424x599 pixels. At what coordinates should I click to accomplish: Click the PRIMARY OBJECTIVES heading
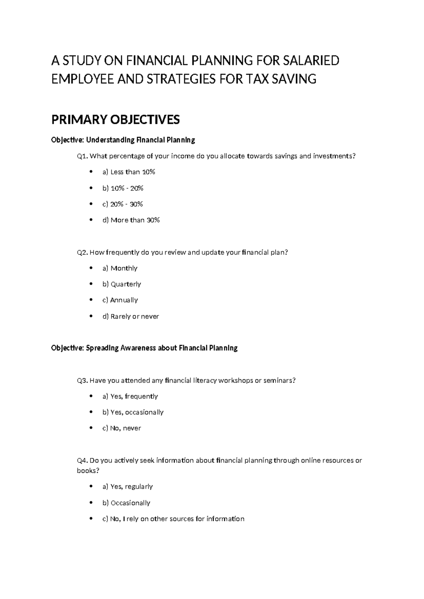coord(116,120)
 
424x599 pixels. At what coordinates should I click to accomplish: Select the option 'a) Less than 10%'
coord(129,172)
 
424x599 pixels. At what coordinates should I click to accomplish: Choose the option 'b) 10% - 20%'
coord(123,188)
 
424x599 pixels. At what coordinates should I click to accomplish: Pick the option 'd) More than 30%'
coord(131,220)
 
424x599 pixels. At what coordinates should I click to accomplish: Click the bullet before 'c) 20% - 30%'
coord(91,204)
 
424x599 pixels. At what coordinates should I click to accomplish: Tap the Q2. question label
coord(82,252)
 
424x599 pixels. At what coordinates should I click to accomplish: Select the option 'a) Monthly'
coord(120,268)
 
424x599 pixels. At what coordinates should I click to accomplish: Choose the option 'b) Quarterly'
coord(122,284)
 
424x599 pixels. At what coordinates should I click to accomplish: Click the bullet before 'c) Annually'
coord(91,300)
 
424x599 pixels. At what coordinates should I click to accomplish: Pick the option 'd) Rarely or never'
coord(130,316)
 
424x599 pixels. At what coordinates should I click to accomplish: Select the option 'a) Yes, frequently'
coord(130,396)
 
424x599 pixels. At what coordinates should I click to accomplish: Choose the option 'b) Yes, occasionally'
coord(133,412)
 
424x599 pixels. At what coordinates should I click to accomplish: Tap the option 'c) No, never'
coord(122,428)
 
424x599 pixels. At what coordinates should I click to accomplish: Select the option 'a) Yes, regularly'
coord(128,486)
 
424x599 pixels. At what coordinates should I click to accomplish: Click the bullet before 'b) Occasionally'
coord(91,503)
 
